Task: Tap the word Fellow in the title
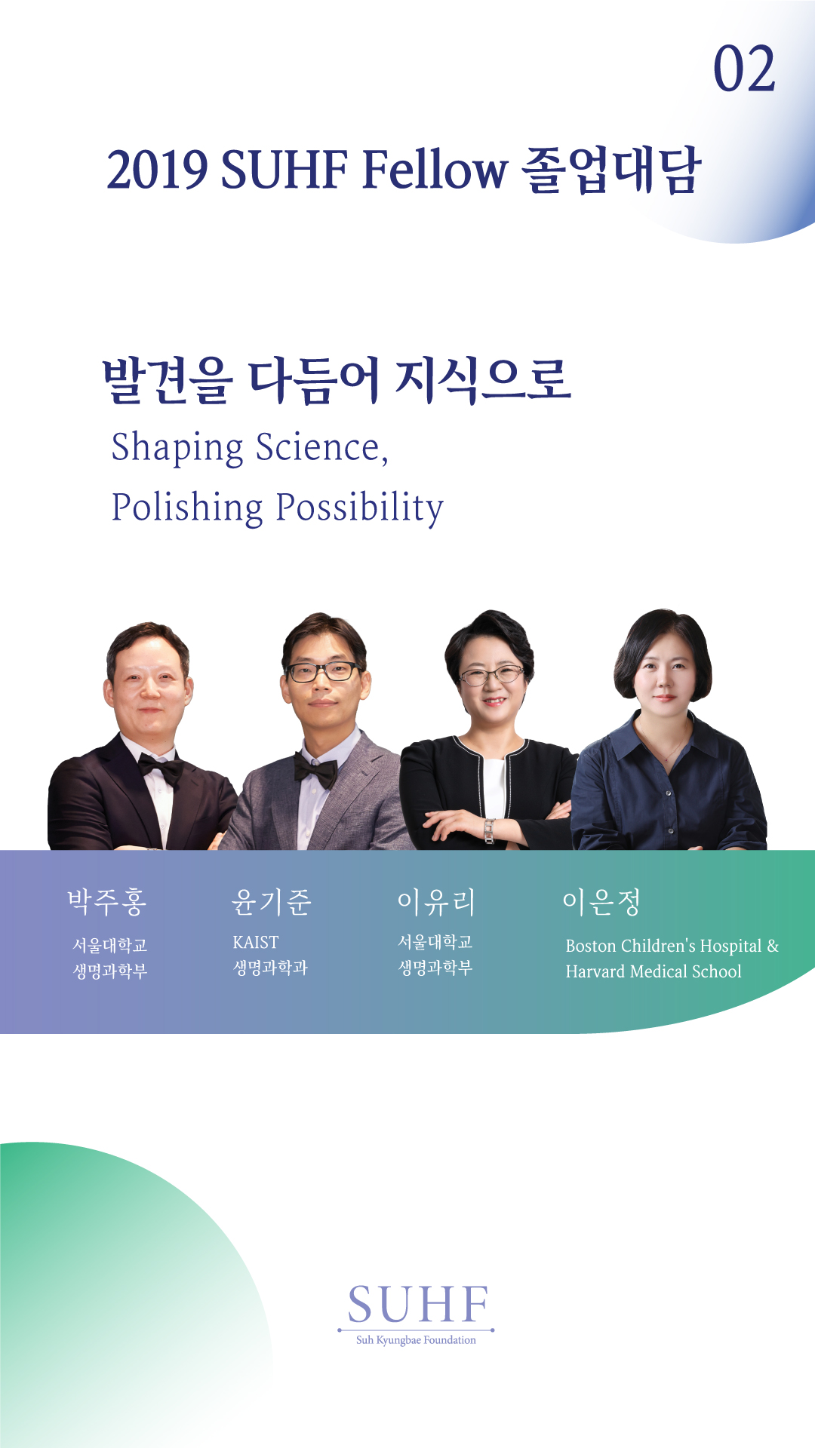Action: [435, 169]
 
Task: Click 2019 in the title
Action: [157, 170]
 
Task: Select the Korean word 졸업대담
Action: [612, 169]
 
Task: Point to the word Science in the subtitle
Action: [321, 447]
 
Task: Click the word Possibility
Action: [360, 508]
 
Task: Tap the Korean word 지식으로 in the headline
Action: [484, 379]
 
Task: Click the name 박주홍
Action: [107, 901]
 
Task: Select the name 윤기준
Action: [272, 901]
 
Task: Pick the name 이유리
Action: [437, 901]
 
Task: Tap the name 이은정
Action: [601, 901]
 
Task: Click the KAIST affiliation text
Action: [256, 943]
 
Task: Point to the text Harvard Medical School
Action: [654, 971]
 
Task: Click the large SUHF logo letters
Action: [417, 1305]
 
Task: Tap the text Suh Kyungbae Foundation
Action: [416, 1340]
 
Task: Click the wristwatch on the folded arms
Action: [489, 830]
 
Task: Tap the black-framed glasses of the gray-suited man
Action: [323, 671]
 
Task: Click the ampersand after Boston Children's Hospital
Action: [773, 946]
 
